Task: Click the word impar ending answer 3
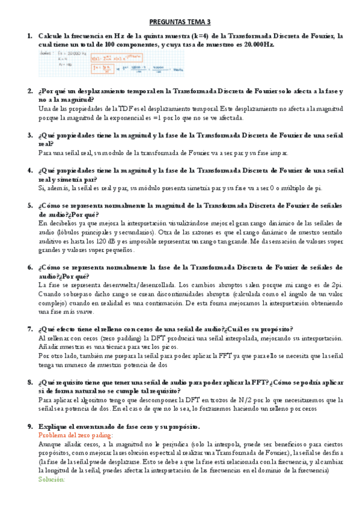pos(277,153)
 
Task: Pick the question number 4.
pos(30,170)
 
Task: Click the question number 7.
pos(30,329)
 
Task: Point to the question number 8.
pos(30,382)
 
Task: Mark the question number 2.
pos(30,91)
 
